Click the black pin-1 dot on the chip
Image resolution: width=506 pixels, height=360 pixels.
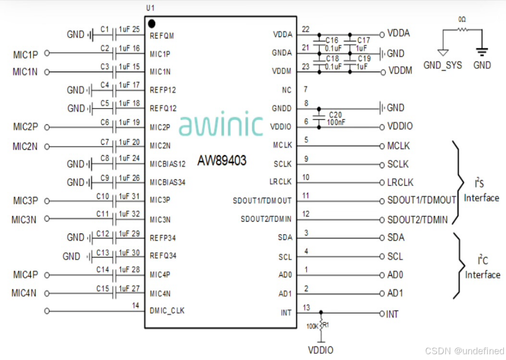coord(152,24)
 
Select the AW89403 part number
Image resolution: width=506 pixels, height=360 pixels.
coord(221,160)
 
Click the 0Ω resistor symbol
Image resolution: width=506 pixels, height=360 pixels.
coord(462,30)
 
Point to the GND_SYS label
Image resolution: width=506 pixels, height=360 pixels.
coord(442,66)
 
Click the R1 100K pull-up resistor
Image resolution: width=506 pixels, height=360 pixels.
coord(321,325)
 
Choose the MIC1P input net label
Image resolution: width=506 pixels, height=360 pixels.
coord(26,53)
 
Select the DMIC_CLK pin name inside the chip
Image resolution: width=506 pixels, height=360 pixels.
coord(167,311)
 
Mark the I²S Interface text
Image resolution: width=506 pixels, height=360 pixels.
coord(481,192)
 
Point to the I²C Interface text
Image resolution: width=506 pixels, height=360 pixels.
coord(482,268)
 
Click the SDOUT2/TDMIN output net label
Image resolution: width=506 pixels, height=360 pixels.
coord(417,219)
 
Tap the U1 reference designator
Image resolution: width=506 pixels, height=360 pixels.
coord(151,8)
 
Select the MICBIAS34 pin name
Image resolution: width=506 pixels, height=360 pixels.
coord(168,182)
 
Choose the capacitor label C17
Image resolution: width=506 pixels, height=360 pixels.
coord(363,40)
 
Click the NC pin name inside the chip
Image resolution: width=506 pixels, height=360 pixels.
coord(286,90)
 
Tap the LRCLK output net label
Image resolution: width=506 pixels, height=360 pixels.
coord(400,182)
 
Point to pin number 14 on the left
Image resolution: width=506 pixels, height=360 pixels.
coord(136,306)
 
